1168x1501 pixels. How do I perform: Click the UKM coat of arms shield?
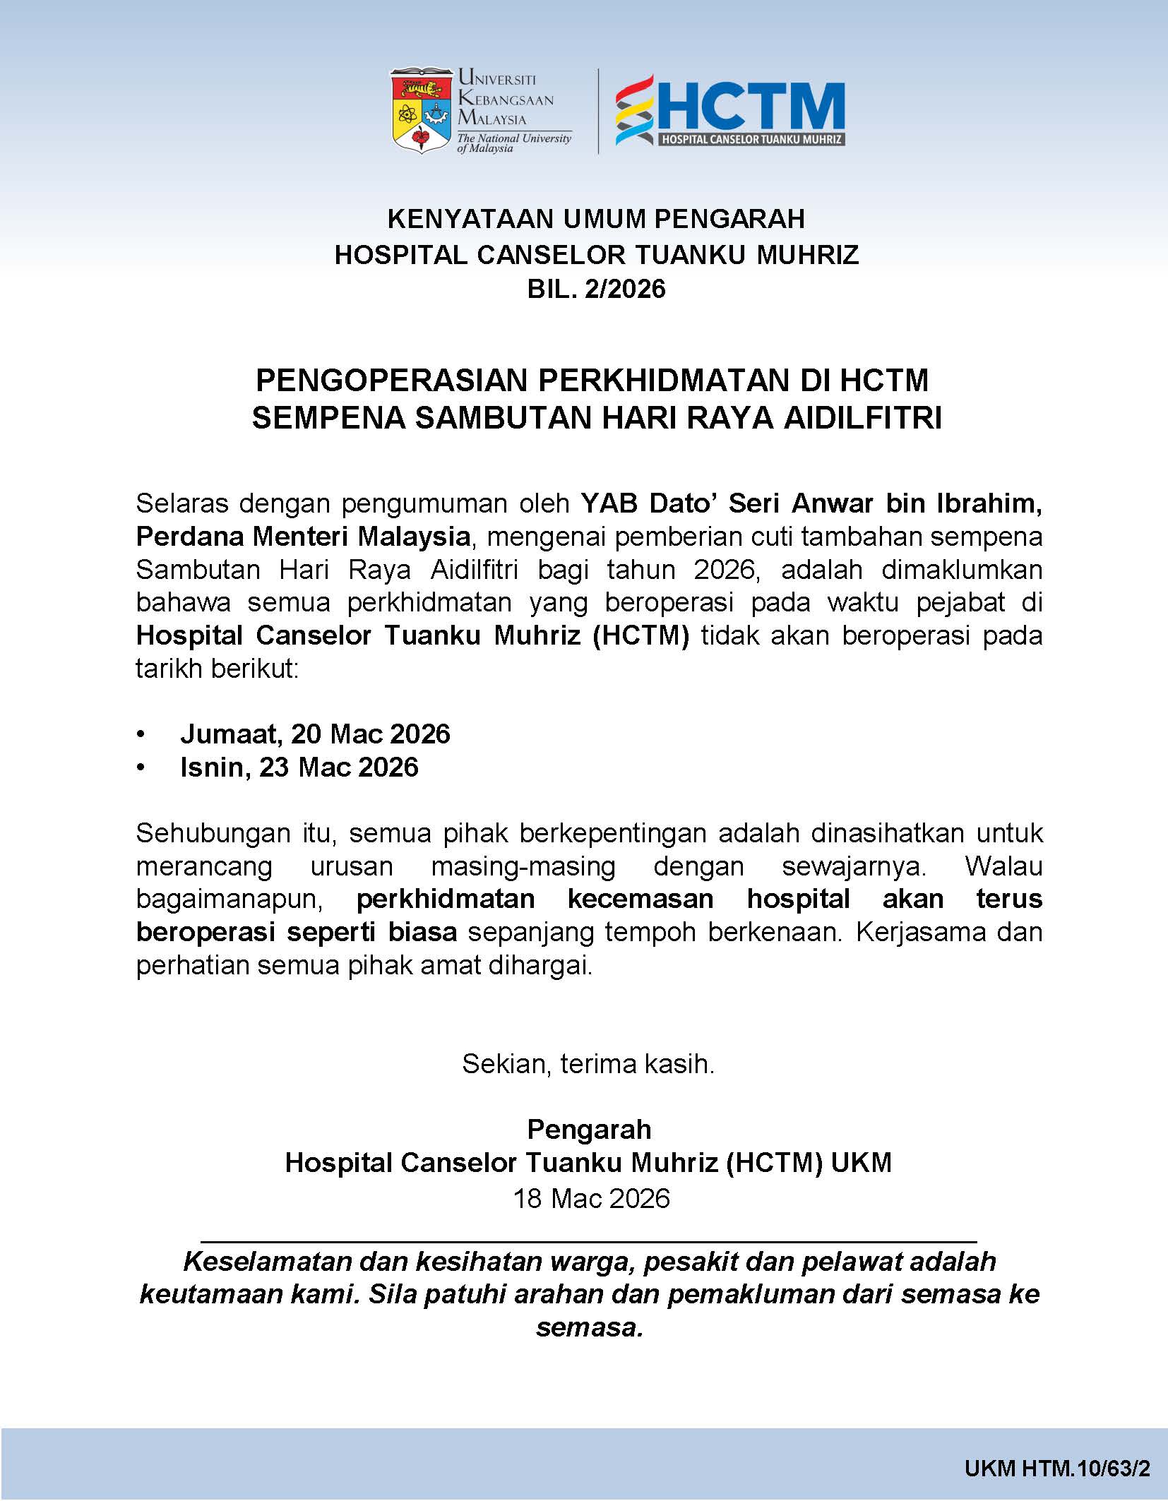(421, 110)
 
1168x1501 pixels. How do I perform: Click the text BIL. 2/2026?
(596, 289)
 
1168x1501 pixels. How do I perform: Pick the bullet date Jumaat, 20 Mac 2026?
(315, 734)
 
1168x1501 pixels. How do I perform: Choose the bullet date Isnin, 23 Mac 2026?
(299, 767)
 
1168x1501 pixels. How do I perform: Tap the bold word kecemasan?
(640, 899)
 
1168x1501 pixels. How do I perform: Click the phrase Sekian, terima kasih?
(588, 1064)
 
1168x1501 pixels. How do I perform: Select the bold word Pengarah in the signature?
(589, 1130)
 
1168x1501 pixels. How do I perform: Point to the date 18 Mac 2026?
(591, 1198)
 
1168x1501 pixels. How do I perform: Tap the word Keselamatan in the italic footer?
(268, 1261)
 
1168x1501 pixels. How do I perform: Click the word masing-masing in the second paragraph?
(523, 866)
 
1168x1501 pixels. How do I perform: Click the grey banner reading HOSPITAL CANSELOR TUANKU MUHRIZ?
(751, 139)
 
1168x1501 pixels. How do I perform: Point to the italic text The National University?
(514, 138)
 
